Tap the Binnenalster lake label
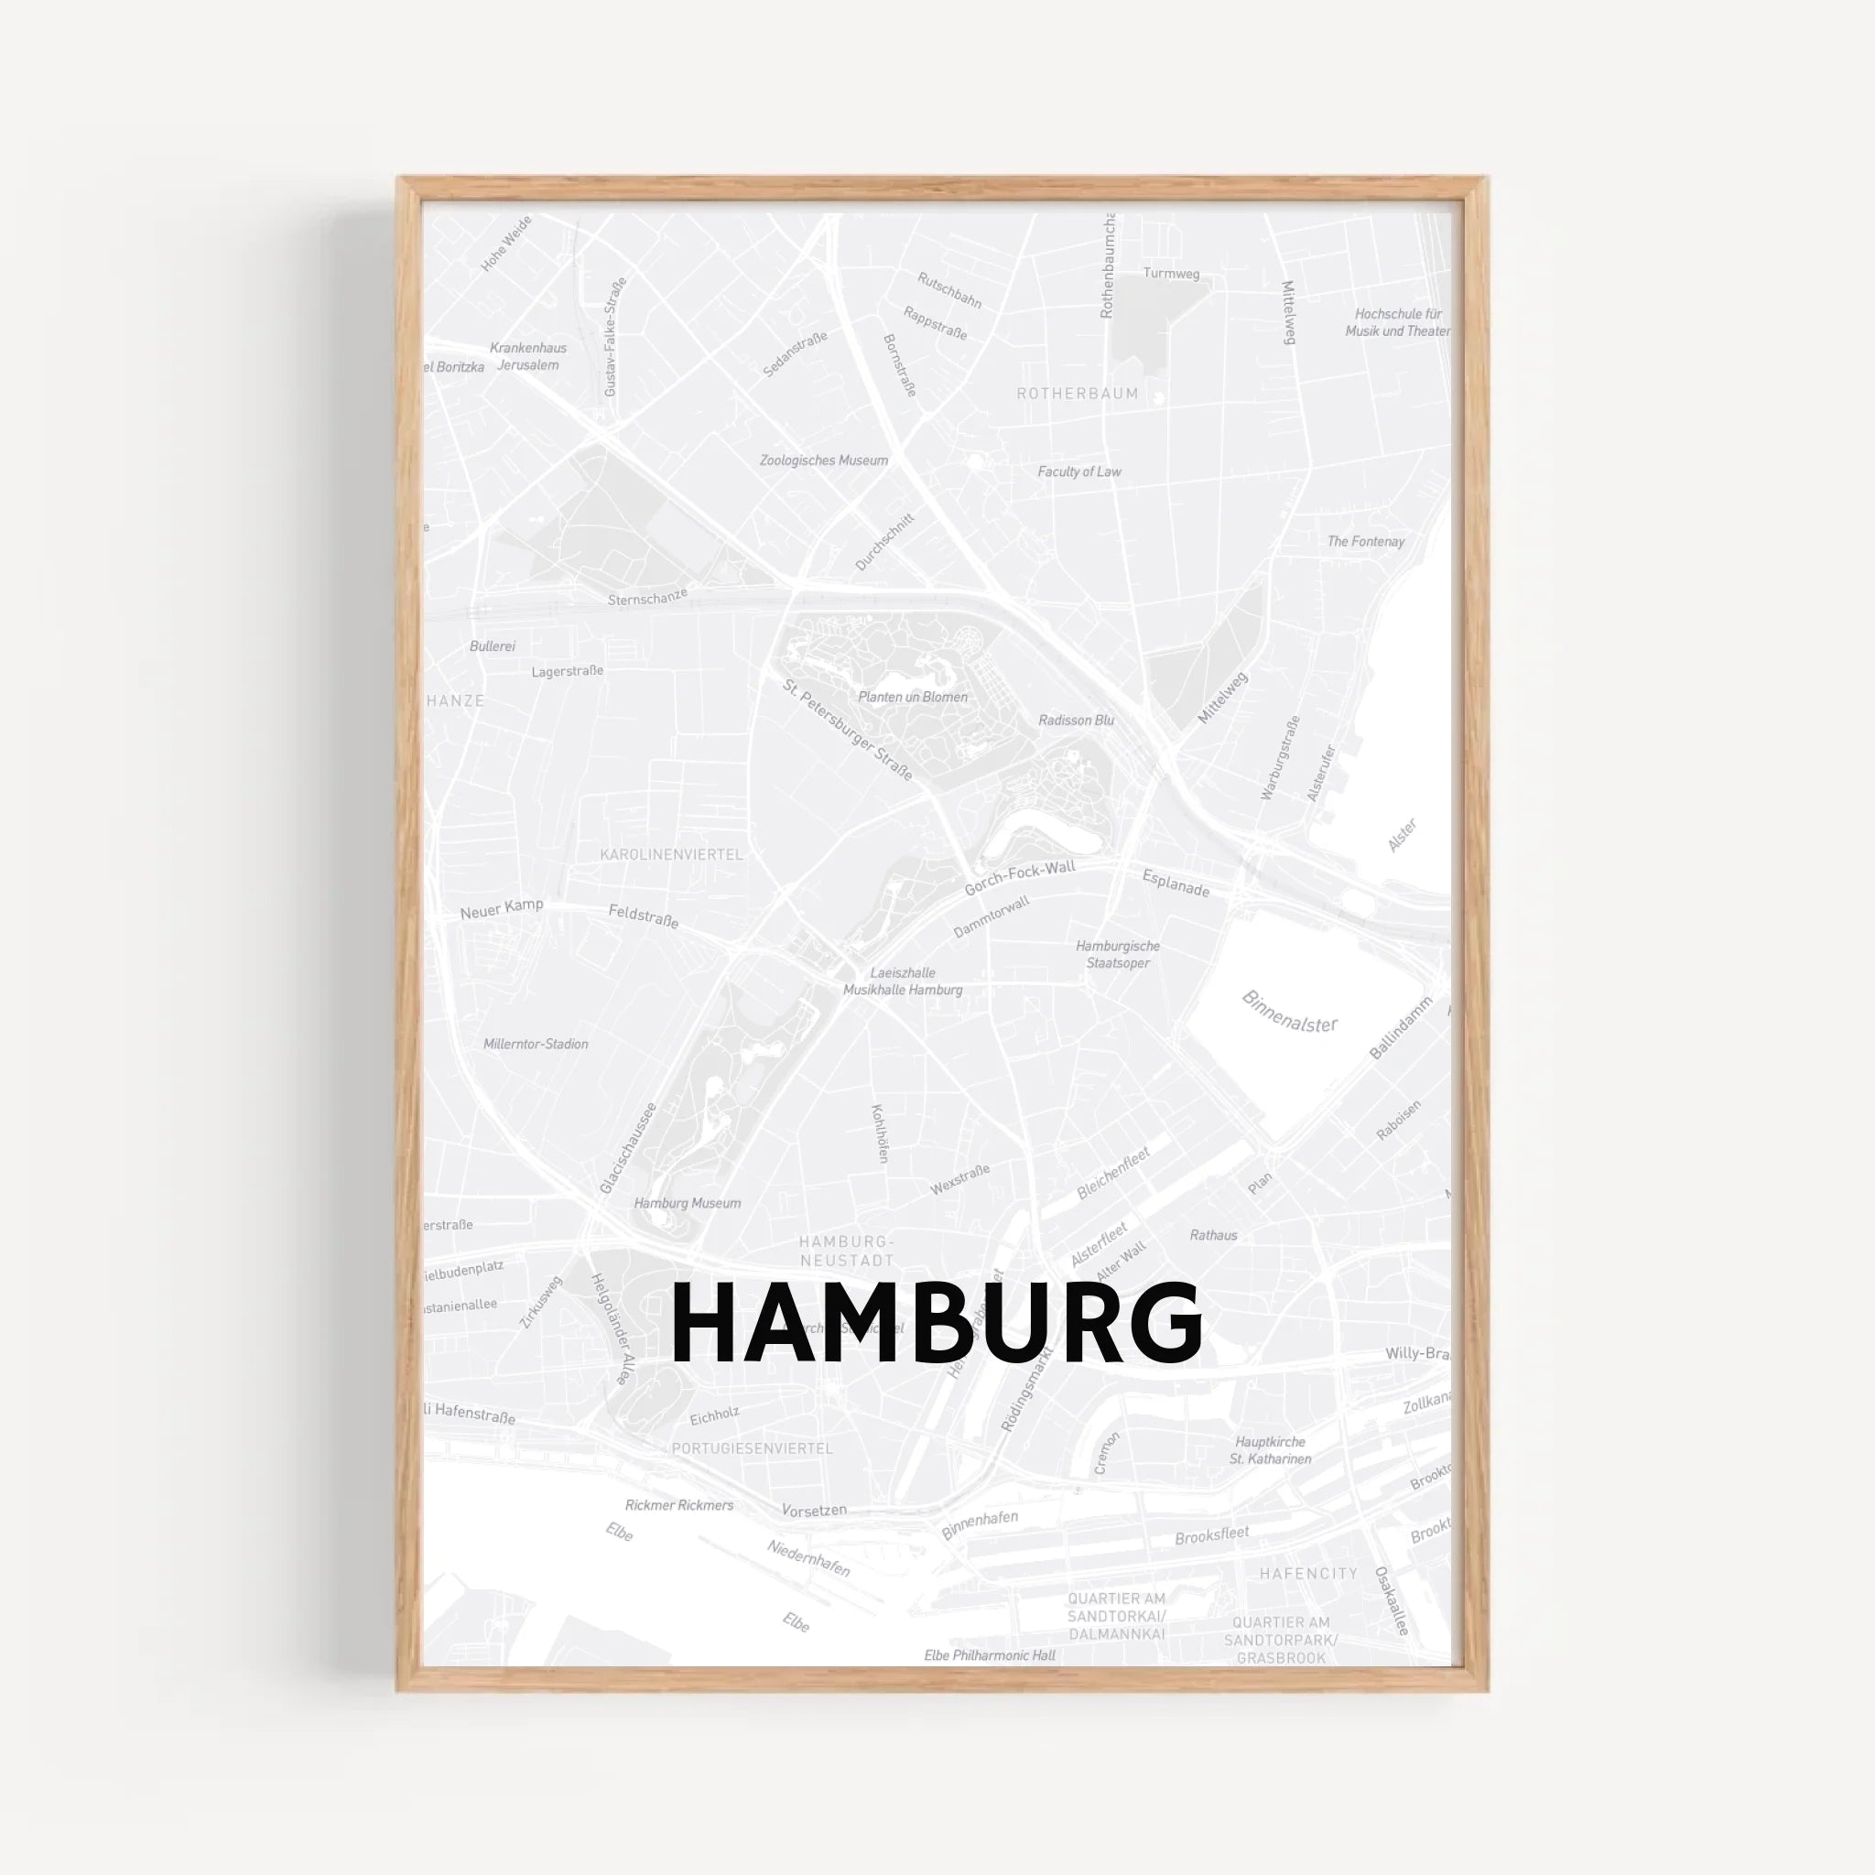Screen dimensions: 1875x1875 coord(1290,1011)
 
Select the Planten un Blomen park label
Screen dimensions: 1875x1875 coord(912,697)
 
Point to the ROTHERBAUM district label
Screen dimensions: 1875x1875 coord(1078,394)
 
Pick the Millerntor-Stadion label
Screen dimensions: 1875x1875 coord(536,1045)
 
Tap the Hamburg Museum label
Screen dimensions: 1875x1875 coord(688,1203)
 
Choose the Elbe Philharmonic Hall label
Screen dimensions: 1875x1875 coord(989,1655)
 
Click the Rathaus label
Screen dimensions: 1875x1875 coord(1213,1235)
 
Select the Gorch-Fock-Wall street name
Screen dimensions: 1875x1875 coord(1019,878)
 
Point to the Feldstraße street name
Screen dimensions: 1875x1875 coord(644,916)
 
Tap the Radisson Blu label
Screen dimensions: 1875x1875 coord(1077,721)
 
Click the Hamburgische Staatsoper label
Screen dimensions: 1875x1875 coord(1118,955)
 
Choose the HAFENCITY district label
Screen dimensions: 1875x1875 coord(1308,1573)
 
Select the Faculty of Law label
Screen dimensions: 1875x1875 coord(1079,471)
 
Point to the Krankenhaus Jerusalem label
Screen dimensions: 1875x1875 coord(528,356)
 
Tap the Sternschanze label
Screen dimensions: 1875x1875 coord(647,598)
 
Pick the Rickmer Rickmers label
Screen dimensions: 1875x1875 coord(679,1505)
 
